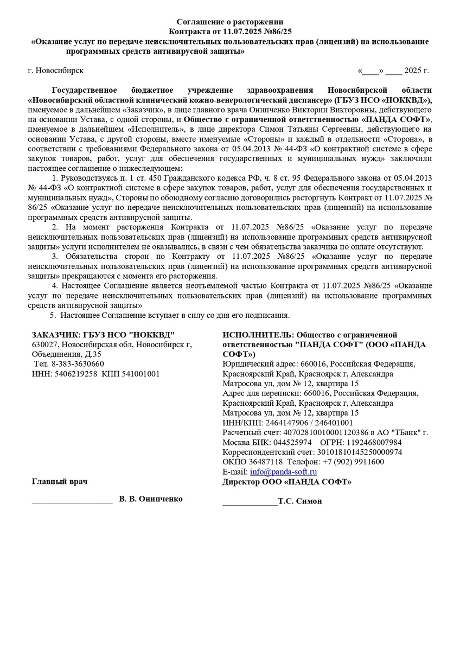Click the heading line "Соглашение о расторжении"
point(230,22)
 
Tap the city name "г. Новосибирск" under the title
point(56,71)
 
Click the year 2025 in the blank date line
point(412,71)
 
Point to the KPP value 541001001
point(141,374)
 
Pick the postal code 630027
point(45,344)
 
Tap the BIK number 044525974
point(293,442)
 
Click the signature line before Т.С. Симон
point(250,503)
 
